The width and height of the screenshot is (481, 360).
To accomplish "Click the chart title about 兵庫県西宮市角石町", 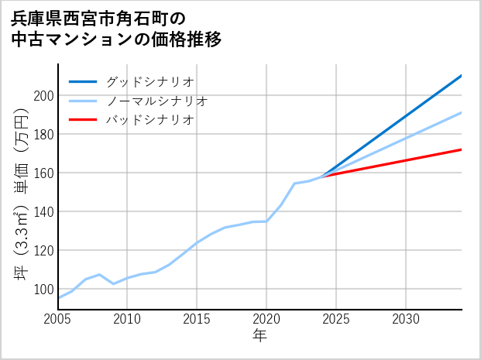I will (116, 29).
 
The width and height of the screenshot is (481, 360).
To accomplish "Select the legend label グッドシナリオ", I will (149, 81).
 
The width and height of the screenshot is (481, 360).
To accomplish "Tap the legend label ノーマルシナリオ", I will (156, 101).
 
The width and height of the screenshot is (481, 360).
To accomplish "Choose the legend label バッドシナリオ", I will (149, 120).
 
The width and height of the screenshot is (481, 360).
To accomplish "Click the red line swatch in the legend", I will (83, 120).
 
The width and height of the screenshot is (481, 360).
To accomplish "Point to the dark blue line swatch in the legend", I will (83, 81).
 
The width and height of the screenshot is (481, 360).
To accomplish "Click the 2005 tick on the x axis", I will (58, 319).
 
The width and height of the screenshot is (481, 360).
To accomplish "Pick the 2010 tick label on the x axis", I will (128, 319).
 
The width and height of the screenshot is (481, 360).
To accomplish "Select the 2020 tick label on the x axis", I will (266, 319).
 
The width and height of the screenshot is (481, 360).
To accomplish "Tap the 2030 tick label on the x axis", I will (406, 319).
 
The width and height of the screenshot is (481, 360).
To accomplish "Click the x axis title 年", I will (259, 336).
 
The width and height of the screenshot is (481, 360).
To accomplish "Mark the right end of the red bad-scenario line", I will (461, 149).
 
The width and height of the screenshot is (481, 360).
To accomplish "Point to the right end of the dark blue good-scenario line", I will (461, 76).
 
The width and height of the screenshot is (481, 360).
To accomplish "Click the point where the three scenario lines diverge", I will (322, 177).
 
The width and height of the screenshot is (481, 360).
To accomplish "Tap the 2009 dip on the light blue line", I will (114, 284).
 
